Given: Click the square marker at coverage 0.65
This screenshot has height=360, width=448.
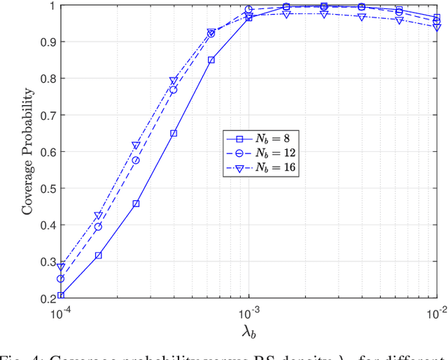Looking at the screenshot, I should coord(174,133).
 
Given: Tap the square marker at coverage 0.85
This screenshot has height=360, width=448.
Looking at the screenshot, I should coord(211,60).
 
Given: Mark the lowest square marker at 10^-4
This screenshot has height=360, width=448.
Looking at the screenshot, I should coord(61,296).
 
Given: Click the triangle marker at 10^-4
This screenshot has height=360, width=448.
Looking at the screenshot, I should coord(61,267).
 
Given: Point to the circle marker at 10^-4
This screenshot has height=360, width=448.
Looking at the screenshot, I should coord(61,279).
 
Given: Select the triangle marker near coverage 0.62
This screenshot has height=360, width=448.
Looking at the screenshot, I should coord(136,146).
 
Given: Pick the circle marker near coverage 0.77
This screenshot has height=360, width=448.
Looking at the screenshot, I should coord(174,90).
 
